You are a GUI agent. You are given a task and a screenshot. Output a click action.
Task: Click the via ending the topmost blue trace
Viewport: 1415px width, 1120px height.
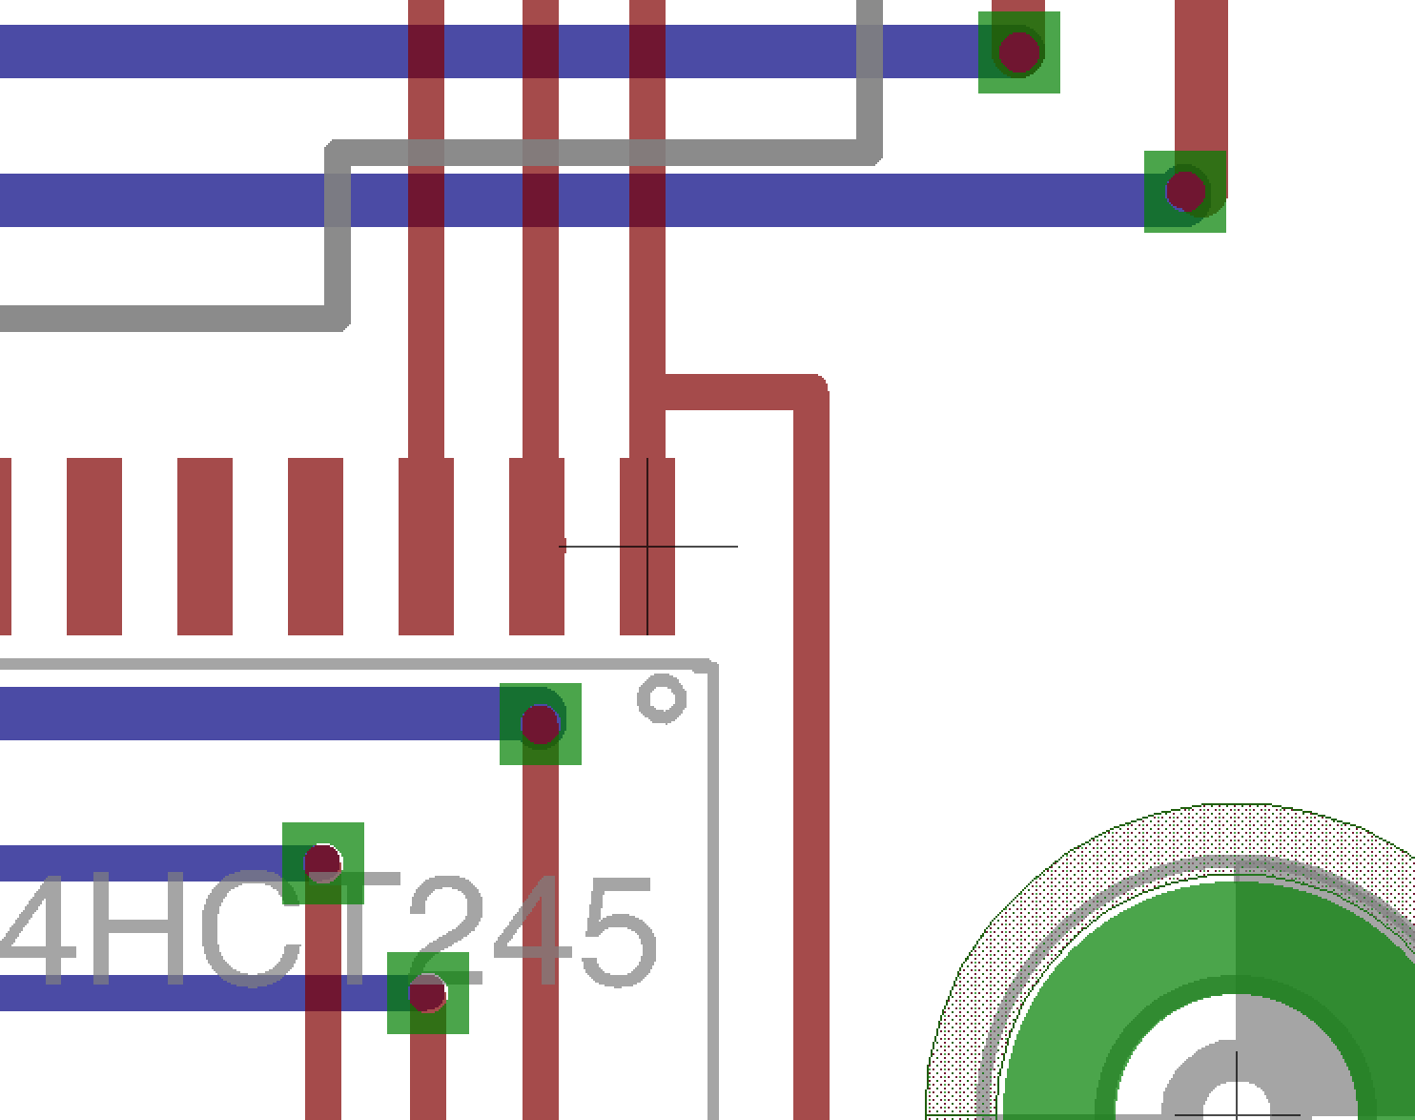(1018, 52)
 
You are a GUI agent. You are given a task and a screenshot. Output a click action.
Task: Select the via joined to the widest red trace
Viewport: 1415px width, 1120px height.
(1185, 192)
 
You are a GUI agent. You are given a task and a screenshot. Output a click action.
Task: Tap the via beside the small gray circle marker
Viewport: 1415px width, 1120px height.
(540, 724)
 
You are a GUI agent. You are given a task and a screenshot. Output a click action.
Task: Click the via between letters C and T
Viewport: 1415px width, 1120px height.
(323, 862)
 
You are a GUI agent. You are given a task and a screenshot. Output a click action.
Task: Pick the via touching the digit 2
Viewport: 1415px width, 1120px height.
(427, 993)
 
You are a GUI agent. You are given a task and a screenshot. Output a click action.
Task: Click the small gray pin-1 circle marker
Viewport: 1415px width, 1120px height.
(662, 698)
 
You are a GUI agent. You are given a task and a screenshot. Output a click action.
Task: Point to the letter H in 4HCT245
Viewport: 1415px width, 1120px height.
(138, 928)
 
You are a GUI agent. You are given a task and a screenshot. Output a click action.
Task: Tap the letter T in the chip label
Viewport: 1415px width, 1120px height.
(355, 928)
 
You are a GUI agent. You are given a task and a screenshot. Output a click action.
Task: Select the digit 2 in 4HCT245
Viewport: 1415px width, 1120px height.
(447, 928)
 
